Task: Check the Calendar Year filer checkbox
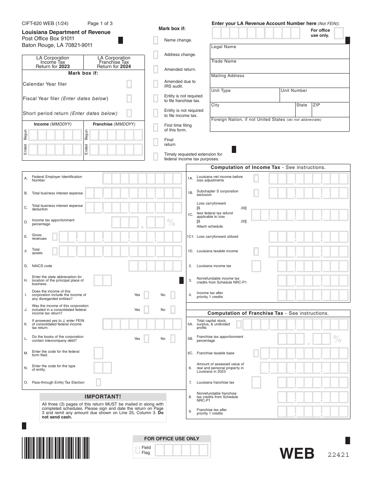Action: click(129, 84)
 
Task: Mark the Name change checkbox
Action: click(155, 40)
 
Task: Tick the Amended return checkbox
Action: click(155, 69)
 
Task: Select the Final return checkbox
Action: click(155, 142)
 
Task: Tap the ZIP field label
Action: click(316, 105)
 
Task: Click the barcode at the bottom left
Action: click(56, 448)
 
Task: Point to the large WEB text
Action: click(297, 454)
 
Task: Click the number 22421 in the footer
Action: click(338, 455)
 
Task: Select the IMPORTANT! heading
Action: click(103, 397)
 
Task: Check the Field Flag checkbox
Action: click(137, 450)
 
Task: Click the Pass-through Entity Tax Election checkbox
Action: click(98, 382)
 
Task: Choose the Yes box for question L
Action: click(146, 339)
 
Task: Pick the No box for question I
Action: click(173, 295)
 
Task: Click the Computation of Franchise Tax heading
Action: click(268, 313)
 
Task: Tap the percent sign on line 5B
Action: click(337, 339)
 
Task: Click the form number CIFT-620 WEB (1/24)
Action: click(48, 23)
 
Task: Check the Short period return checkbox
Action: click(129, 113)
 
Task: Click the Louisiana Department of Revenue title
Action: click(66, 32)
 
